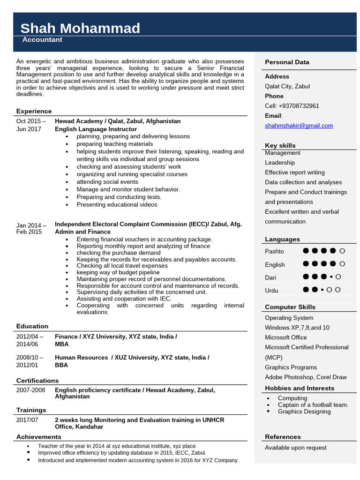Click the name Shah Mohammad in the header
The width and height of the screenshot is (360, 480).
click(x=80, y=28)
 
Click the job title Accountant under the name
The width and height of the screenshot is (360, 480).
click(x=42, y=40)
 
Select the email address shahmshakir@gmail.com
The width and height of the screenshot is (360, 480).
click(x=299, y=126)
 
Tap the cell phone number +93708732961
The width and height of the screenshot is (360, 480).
click(x=292, y=106)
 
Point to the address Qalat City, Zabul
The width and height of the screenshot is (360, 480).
click(x=287, y=86)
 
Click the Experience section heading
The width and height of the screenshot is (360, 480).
click(x=34, y=111)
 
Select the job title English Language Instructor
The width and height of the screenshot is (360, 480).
click(x=96, y=129)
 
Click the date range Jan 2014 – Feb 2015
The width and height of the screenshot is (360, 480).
click(x=31, y=228)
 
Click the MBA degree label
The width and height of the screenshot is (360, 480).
click(x=61, y=344)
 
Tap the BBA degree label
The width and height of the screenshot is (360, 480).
click(x=61, y=365)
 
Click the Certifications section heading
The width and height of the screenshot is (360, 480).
click(x=37, y=380)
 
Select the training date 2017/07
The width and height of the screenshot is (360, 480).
click(x=27, y=420)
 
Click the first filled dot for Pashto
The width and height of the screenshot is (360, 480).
click(x=306, y=251)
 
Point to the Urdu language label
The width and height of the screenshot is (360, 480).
click(x=271, y=291)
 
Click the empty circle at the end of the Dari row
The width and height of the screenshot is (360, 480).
click(x=338, y=277)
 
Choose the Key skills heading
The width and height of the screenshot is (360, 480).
click(x=280, y=145)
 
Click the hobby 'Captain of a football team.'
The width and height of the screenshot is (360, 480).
click(x=313, y=405)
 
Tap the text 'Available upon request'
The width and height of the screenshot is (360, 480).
click(x=295, y=448)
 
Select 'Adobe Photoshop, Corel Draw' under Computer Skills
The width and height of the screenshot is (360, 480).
click(x=306, y=377)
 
